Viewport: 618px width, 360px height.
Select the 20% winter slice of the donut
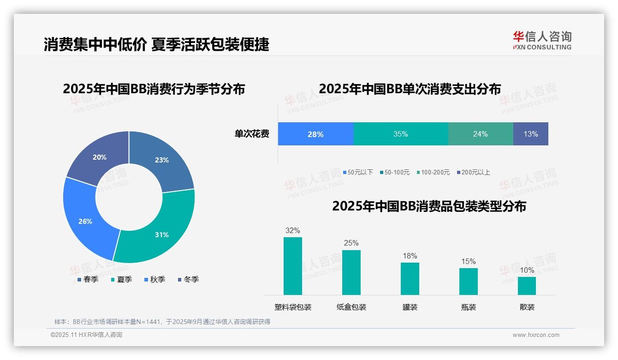(x=99, y=157)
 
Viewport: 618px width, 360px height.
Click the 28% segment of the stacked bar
(x=315, y=134)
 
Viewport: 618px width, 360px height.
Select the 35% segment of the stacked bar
(x=400, y=134)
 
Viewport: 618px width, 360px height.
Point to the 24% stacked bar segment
(x=480, y=134)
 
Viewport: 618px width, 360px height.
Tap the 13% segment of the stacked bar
(x=530, y=134)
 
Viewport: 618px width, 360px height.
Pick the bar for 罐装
(x=410, y=279)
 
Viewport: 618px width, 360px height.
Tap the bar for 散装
(x=527, y=286)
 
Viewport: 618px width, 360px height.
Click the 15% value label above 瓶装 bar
(x=468, y=262)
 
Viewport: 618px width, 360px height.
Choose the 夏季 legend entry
(x=122, y=279)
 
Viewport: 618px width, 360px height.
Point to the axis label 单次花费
(x=251, y=134)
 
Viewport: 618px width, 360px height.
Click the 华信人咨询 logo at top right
(x=542, y=40)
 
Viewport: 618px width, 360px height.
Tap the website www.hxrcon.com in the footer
(x=535, y=335)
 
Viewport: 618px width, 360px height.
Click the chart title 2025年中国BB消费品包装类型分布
(x=429, y=206)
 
